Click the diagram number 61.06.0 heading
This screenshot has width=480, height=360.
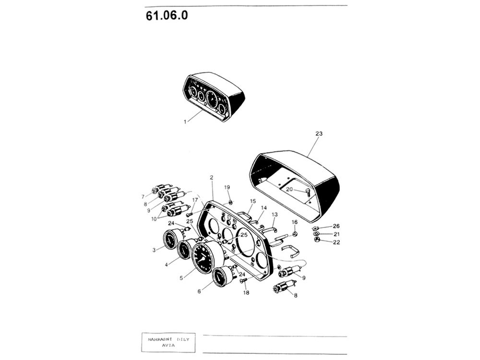point(167,16)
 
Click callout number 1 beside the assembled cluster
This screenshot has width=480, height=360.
point(185,122)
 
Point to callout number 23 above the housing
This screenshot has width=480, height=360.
point(319,133)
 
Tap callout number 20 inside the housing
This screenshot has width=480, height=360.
point(289,190)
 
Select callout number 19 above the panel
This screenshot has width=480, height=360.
point(227,187)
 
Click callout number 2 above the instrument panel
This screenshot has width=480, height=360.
point(211,178)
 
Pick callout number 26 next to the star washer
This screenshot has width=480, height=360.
point(336,226)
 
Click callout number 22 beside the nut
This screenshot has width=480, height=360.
point(336,242)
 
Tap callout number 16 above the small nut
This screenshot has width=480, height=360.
point(295,222)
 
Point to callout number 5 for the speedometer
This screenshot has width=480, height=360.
point(181,278)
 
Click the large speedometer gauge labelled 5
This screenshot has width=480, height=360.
point(207,256)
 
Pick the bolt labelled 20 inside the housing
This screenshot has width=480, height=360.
point(307,192)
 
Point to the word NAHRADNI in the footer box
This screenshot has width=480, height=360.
point(159,339)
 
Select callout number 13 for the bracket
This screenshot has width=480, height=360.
point(274,215)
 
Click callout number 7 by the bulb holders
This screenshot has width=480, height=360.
point(143,196)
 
